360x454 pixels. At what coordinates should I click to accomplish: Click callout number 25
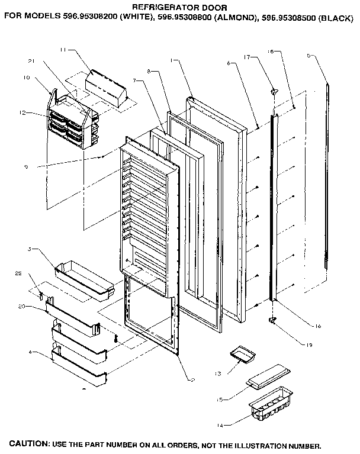[x=18, y=273]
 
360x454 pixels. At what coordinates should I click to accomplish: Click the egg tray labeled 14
[x=272, y=408]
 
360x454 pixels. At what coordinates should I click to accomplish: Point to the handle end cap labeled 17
[x=274, y=91]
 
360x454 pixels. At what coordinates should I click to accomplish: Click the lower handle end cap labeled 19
[x=272, y=320]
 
